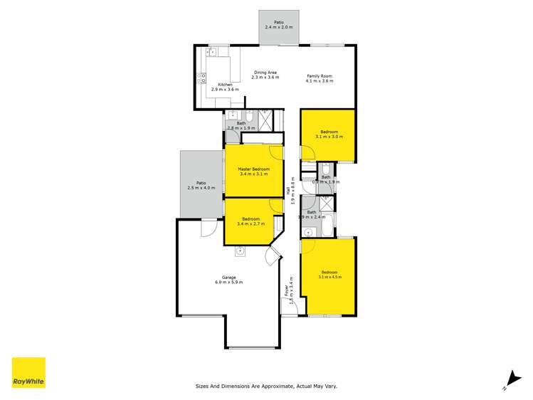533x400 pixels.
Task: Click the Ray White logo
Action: click(28, 372)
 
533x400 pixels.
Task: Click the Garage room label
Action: click(228, 278)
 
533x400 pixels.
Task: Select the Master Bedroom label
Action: click(254, 169)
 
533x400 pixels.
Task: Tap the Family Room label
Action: click(320, 75)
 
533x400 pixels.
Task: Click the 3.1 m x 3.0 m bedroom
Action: click(331, 134)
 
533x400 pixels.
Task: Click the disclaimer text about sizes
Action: click(266, 386)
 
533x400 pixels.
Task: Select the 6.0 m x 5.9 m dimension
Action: click(228, 283)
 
